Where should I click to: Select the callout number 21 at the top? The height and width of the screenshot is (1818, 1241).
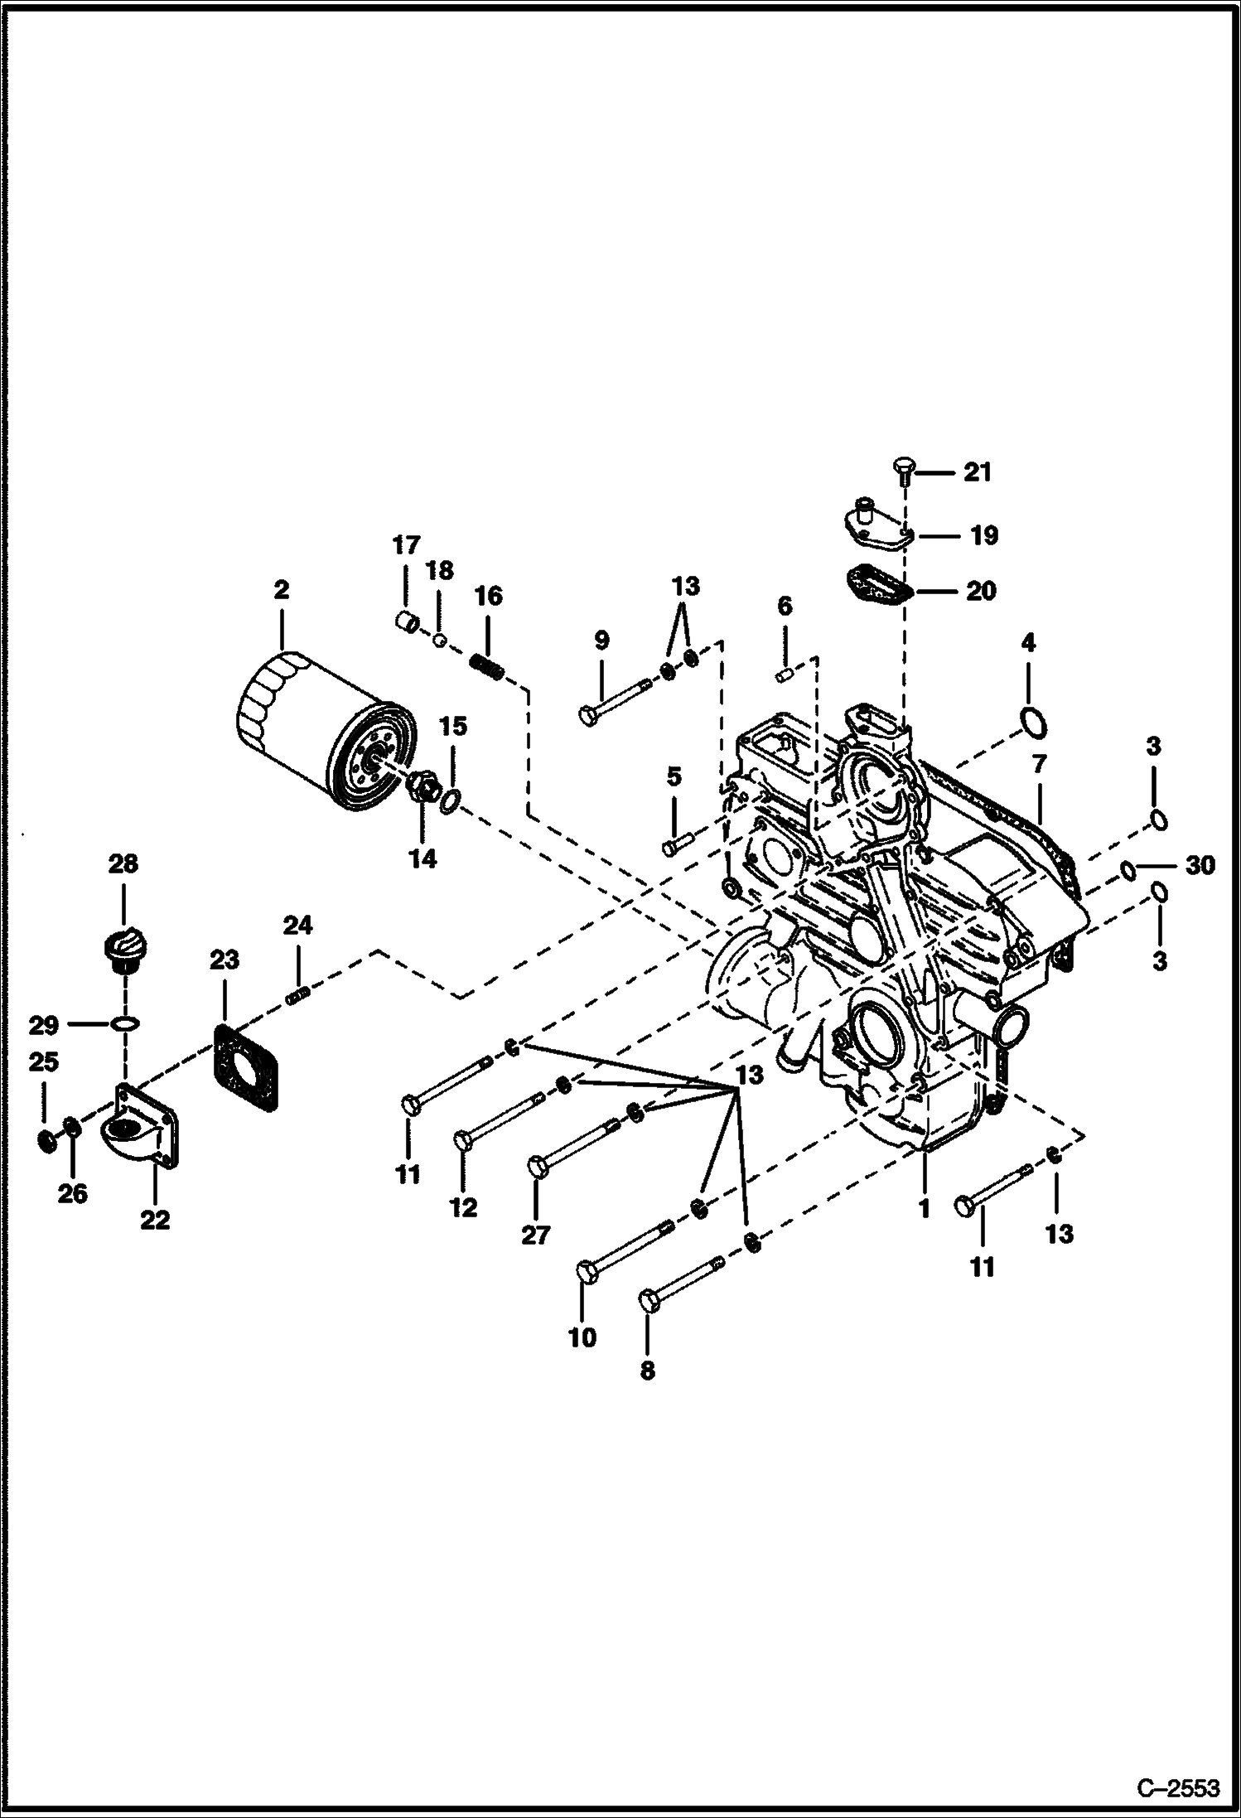pos(977,472)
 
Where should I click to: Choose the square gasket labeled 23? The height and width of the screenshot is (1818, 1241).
pos(246,1066)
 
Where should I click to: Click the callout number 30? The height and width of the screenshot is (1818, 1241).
pos(1199,867)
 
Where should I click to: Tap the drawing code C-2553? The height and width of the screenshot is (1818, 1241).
pos(1178,1787)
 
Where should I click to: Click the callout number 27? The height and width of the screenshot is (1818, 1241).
pos(535,1235)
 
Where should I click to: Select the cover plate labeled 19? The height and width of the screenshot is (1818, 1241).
pos(874,525)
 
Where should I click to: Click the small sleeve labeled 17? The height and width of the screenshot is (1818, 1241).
pos(404,620)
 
